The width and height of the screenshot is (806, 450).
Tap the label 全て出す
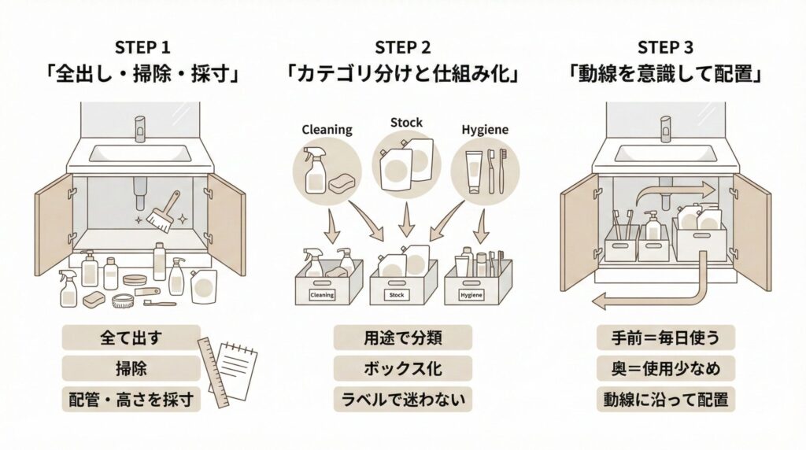coord(131,338)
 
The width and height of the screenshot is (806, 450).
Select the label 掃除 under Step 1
coord(131,368)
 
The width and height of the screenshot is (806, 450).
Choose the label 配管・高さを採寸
coord(131,399)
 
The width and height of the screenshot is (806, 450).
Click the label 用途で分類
coord(402,338)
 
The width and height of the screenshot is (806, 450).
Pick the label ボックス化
coord(402,368)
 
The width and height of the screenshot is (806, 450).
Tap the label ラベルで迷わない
coord(402,399)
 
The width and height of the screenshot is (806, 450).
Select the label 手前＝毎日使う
coord(666,338)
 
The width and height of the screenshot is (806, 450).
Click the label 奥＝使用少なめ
coord(666,368)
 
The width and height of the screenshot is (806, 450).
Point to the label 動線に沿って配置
coord(666,399)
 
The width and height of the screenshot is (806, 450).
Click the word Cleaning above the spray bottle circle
coord(326,129)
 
